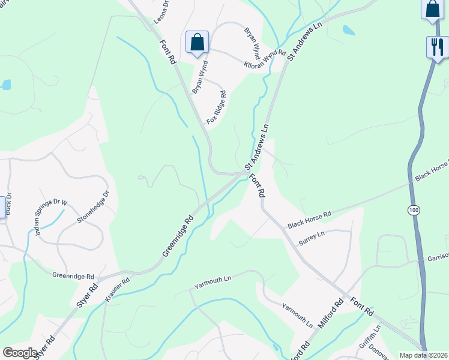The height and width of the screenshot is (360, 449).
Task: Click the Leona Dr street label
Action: click(161, 11)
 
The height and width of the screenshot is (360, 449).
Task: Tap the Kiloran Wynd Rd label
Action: click(265, 59)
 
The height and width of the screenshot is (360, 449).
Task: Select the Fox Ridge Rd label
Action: click(217, 107)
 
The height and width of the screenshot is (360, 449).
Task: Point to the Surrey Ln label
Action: click(311, 238)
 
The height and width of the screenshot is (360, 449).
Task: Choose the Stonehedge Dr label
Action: click(94, 207)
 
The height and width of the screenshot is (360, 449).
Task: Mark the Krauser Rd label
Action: click(118, 290)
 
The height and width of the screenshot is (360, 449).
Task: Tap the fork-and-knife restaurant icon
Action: click(436, 46)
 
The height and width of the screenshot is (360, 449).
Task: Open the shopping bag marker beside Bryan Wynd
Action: click(197, 42)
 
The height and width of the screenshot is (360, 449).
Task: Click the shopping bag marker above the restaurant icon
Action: click(432, 8)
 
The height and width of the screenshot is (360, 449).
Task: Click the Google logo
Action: click(20, 353)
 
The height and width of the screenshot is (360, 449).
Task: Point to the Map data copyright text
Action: click(423, 355)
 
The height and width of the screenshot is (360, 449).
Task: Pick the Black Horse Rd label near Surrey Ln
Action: click(309, 220)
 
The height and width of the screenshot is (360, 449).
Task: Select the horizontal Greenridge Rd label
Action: click(73, 277)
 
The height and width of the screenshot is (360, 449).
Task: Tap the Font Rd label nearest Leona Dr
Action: click(167, 52)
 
